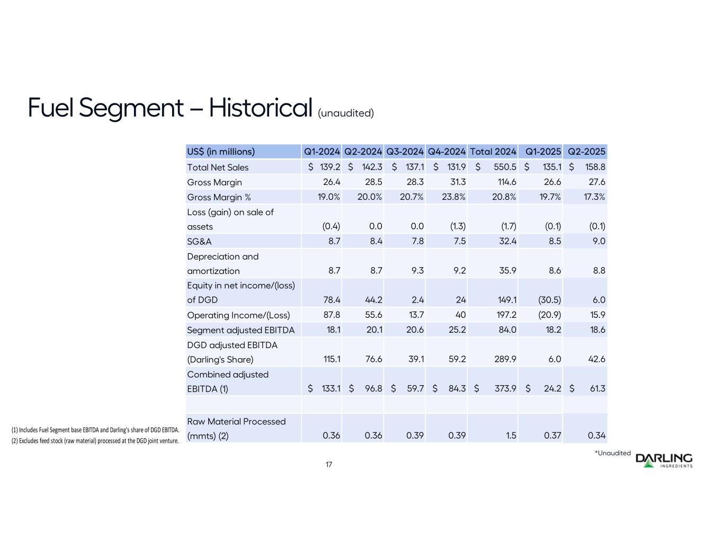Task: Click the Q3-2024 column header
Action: [x=405, y=152]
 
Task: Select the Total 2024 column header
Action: [x=493, y=152]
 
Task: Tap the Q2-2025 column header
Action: [x=586, y=152]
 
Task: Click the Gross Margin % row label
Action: [x=219, y=197]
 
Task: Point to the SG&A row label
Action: [x=199, y=241]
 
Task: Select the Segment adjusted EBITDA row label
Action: [x=240, y=330]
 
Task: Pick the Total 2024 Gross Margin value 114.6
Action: [x=505, y=182]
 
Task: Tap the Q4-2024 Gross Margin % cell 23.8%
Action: [x=453, y=197]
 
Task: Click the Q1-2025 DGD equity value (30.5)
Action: [x=549, y=300]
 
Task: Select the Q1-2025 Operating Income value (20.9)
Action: [x=549, y=315]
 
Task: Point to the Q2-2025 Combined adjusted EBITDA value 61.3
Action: [x=597, y=389]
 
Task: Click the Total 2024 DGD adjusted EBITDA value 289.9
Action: [x=505, y=359]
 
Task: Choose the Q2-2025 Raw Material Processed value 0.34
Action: [x=596, y=436]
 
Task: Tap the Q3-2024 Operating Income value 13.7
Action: [x=415, y=315]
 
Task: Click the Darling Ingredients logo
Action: [x=664, y=460]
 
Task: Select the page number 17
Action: [x=329, y=465]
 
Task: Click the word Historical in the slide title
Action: [x=260, y=108]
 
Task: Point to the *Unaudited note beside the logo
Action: [x=613, y=453]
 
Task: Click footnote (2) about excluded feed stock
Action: [x=95, y=440]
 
